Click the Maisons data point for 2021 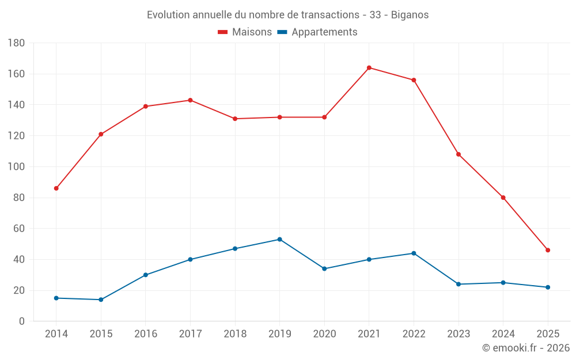pyautogui.click(x=369, y=68)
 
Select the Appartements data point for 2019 pyautogui.click(x=279, y=239)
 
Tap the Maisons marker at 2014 pyautogui.click(x=56, y=188)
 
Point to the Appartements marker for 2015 pyautogui.click(x=101, y=300)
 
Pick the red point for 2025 pyautogui.click(x=548, y=250)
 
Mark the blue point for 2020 pyautogui.click(x=324, y=268)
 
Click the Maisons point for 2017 pyautogui.click(x=190, y=100)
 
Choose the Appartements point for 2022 pyautogui.click(x=414, y=253)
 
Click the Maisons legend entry pyautogui.click(x=245, y=32)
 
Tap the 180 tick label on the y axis pyautogui.click(x=16, y=43)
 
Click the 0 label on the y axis pyautogui.click(x=21, y=321)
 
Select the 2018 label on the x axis pyautogui.click(x=235, y=334)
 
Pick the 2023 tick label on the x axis pyautogui.click(x=458, y=334)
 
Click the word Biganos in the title pyautogui.click(x=410, y=15)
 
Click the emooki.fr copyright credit pyautogui.click(x=525, y=348)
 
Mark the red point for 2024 pyautogui.click(x=503, y=198)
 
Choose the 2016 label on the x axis pyautogui.click(x=145, y=334)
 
